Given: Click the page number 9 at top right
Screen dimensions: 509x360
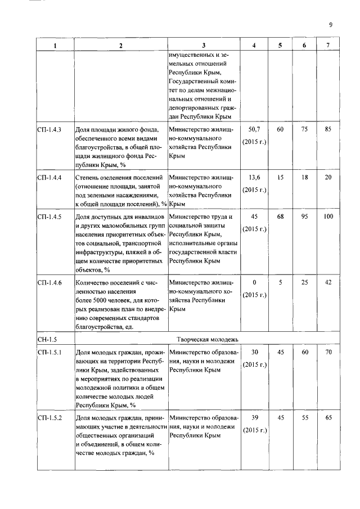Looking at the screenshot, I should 331,25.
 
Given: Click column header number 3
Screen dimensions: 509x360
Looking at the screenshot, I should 204,46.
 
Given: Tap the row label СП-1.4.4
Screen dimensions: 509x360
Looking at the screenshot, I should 49,178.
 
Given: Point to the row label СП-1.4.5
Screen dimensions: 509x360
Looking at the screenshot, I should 49,217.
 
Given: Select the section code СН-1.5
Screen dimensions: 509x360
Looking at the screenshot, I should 46,339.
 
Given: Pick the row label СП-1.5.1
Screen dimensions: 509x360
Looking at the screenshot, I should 49,353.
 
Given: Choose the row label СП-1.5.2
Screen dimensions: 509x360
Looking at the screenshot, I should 49,418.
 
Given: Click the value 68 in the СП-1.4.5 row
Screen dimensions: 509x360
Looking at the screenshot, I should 280,217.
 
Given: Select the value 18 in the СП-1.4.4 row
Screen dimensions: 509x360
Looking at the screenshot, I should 304,178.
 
